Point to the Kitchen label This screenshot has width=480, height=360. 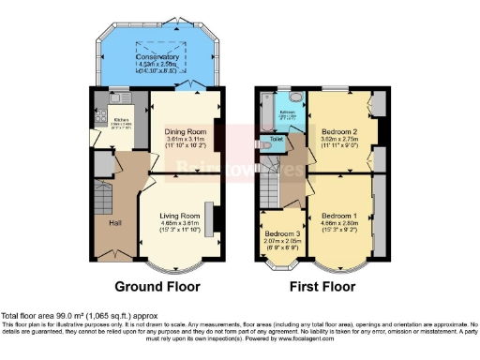121,120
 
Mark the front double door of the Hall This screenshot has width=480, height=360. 112,255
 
